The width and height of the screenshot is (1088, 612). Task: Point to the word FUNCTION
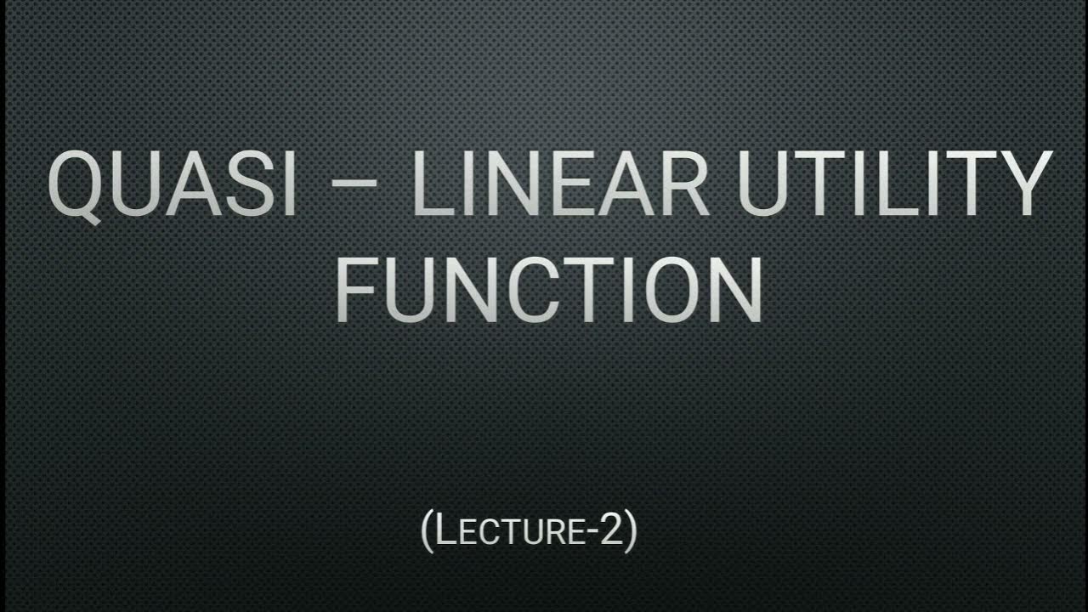(x=548, y=291)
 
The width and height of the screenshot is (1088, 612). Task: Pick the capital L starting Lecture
(x=445, y=530)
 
